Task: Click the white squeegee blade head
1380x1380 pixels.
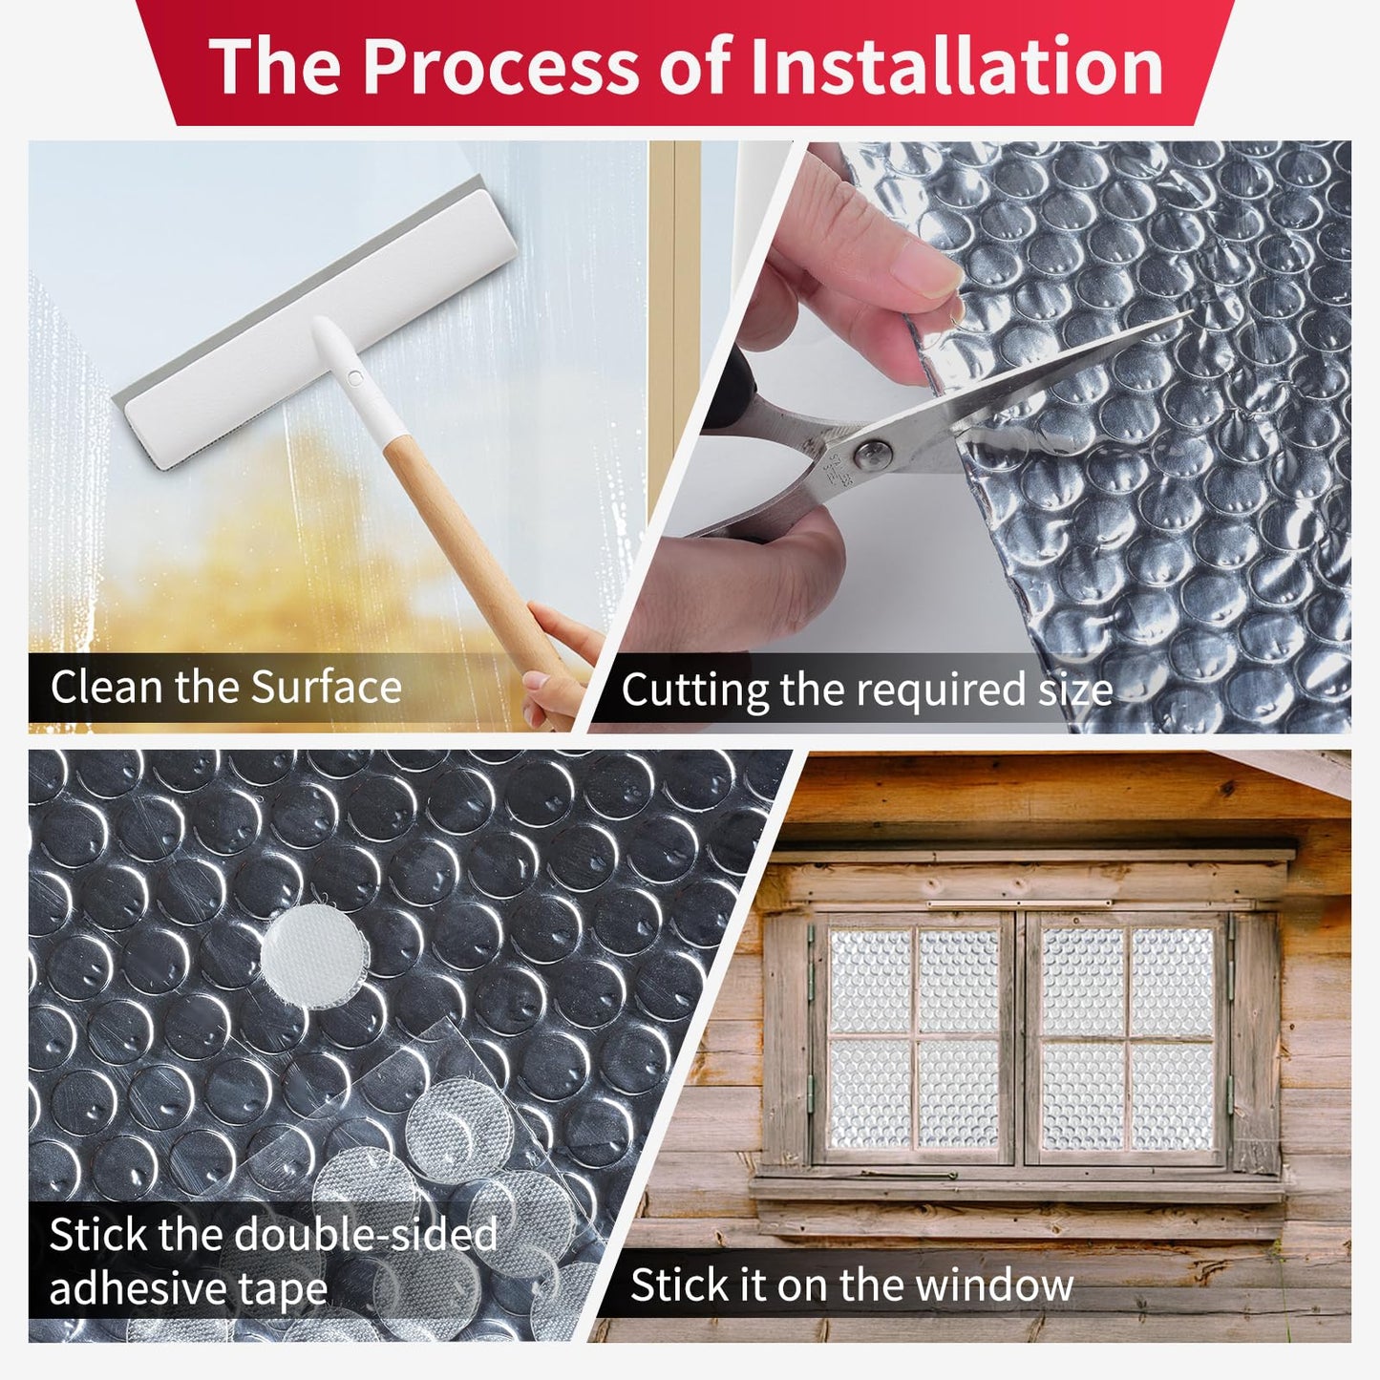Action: click(315, 325)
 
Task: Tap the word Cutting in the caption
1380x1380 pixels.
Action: click(694, 690)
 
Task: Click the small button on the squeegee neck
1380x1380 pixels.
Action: click(355, 378)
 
